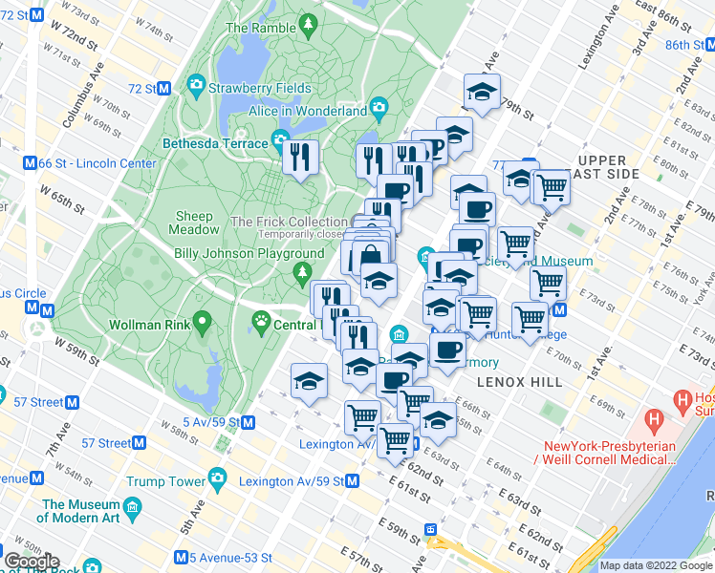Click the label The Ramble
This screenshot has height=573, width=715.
coord(261,28)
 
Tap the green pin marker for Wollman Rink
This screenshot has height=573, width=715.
coord(201,320)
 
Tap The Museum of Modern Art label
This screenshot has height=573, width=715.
coord(80,511)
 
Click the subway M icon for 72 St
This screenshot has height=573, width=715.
coord(163,88)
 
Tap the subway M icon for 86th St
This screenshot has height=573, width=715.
coord(706,45)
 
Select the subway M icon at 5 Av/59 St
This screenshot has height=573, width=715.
coord(248,421)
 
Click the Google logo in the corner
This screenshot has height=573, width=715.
coord(32,562)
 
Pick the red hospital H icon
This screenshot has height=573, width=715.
coord(654,417)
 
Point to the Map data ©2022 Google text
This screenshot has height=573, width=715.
coord(656,565)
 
